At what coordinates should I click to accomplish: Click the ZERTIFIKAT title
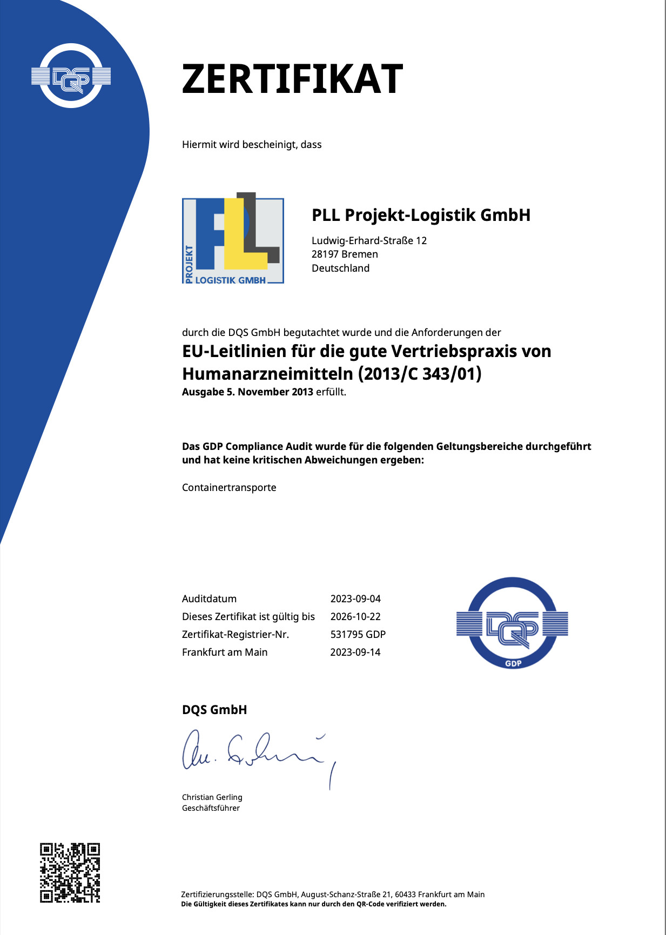[x=292, y=79]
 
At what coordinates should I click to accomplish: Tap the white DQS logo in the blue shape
[x=71, y=77]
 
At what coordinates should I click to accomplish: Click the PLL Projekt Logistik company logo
[x=233, y=239]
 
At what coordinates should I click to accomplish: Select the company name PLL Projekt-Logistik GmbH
[x=421, y=215]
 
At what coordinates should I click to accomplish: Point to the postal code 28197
[x=325, y=254]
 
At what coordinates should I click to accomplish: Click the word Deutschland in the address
[x=340, y=268]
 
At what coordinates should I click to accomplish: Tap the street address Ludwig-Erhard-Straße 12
[x=369, y=240]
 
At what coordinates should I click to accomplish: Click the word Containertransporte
[x=229, y=488]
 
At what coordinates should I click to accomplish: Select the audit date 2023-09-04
[x=355, y=599]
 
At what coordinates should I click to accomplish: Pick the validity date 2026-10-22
[x=355, y=617]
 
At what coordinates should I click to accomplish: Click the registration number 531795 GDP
[x=358, y=635]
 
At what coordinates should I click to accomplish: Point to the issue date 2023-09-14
[x=355, y=653]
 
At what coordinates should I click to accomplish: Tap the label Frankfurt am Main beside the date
[x=225, y=653]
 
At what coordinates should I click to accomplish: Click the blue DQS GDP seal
[x=512, y=623]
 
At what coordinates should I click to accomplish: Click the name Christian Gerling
[x=212, y=797]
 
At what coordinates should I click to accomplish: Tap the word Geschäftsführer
[x=211, y=808]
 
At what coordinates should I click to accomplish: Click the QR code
[x=70, y=872]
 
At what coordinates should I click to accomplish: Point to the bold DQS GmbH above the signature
[x=214, y=710]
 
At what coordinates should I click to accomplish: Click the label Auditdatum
[x=209, y=599]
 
